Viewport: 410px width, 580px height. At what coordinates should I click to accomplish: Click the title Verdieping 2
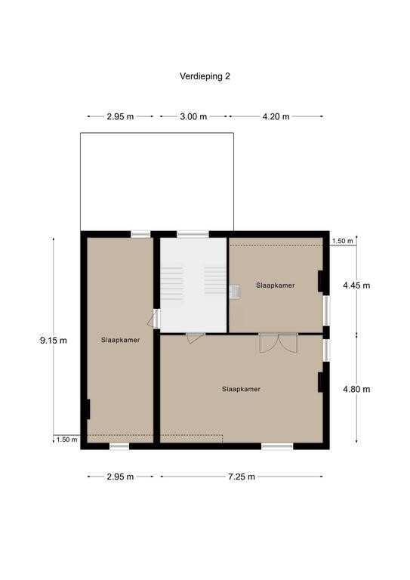pyautogui.click(x=205, y=76)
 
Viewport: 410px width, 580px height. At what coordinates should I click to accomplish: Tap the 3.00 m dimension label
pyautogui.click(x=193, y=116)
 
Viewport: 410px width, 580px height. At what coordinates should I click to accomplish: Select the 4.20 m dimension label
pyautogui.click(x=276, y=116)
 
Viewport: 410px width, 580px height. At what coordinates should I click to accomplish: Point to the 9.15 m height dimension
pyautogui.click(x=54, y=341)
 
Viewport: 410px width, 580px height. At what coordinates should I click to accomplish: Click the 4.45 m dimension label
pyautogui.click(x=356, y=285)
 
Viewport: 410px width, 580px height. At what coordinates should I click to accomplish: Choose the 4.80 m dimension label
pyautogui.click(x=356, y=389)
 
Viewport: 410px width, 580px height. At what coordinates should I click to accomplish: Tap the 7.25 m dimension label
pyautogui.click(x=242, y=477)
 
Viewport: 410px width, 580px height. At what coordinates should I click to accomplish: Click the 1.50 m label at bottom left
pyautogui.click(x=67, y=440)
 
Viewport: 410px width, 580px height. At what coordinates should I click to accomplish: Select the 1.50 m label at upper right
pyautogui.click(x=342, y=241)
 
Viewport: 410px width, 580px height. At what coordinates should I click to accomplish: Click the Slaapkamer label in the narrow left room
pyautogui.click(x=121, y=340)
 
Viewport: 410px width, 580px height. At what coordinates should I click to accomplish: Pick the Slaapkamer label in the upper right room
pyautogui.click(x=276, y=285)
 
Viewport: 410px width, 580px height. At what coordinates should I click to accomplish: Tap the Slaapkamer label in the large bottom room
pyautogui.click(x=242, y=389)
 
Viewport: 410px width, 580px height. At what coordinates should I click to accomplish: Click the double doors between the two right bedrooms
pyautogui.click(x=279, y=343)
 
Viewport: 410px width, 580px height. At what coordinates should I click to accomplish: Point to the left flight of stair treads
pyautogui.click(x=171, y=284)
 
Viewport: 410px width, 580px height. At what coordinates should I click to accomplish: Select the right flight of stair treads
pyautogui.click(x=215, y=280)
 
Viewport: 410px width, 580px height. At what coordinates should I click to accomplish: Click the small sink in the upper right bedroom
pyautogui.click(x=234, y=292)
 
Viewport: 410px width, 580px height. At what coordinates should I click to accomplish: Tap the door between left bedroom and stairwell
pyautogui.click(x=154, y=319)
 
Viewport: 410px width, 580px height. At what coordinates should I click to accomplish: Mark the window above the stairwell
pyautogui.click(x=193, y=234)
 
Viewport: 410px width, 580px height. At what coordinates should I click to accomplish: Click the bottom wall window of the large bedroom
pyautogui.click(x=277, y=446)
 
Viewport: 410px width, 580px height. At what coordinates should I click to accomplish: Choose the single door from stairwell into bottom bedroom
pyautogui.click(x=196, y=338)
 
